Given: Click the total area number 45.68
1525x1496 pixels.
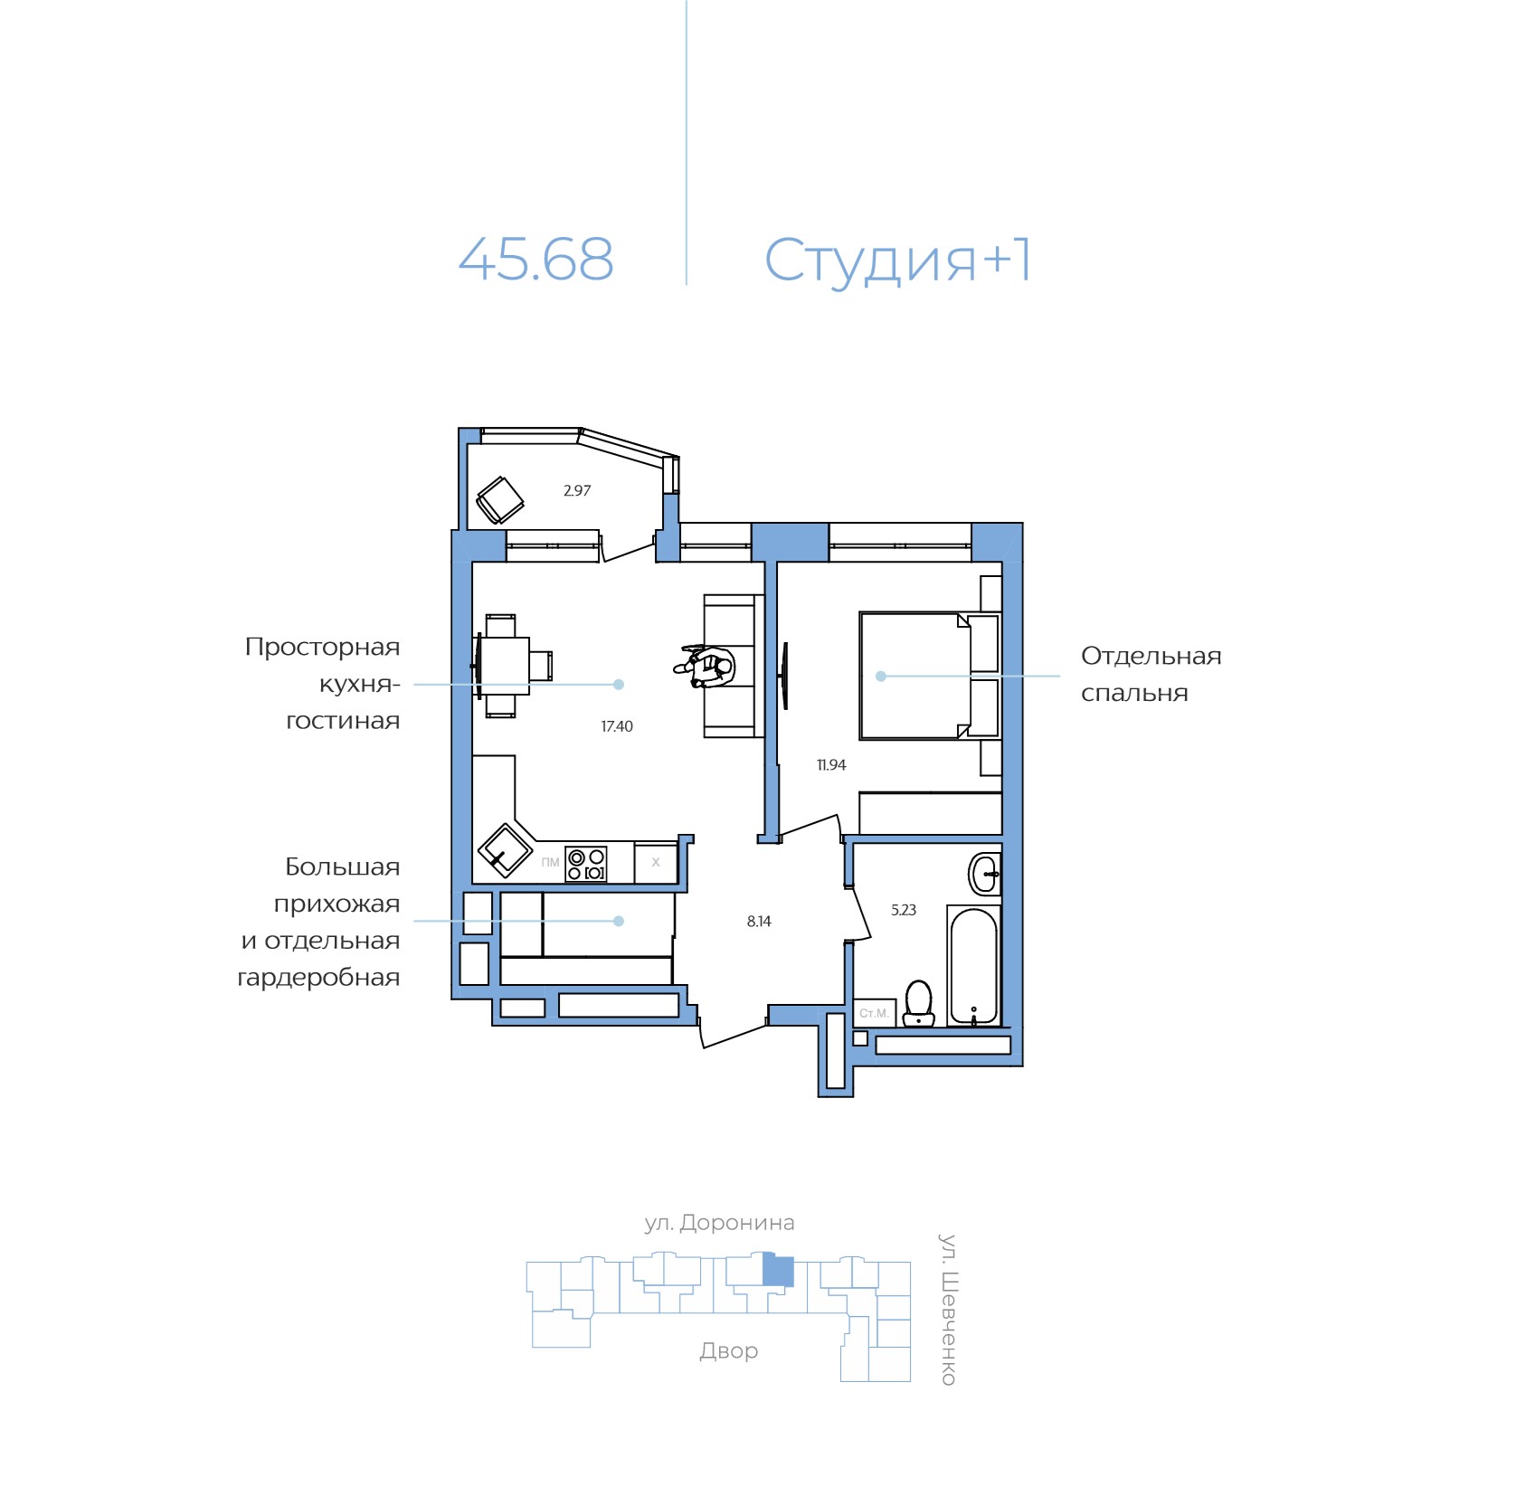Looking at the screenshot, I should coord(535,260).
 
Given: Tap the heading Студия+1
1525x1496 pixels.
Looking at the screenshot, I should coord(897,260).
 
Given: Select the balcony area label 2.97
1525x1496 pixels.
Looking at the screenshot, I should coord(576,491).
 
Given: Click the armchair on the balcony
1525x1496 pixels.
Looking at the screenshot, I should coord(499,499).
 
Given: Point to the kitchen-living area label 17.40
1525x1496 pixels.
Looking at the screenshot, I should coord(617,726).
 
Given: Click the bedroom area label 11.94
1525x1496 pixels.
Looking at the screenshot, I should coord(830,765).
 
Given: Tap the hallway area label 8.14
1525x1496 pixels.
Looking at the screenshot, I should coord(758,922).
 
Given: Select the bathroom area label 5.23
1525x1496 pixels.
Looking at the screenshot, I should coord(903,910).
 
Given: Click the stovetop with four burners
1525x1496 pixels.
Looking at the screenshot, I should coord(585,864).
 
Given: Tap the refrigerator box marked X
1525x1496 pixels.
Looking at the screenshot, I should coord(656,863).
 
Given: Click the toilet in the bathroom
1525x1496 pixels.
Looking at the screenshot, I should coord(918,1004).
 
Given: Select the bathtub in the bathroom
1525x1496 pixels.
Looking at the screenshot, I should coord(973,966).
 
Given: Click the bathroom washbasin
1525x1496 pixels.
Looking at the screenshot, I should coord(984,874).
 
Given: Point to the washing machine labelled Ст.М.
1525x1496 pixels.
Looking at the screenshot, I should coord(874,1013).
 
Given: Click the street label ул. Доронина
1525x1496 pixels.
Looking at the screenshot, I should coord(719,1223).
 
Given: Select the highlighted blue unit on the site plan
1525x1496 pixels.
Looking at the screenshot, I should coord(778,1271).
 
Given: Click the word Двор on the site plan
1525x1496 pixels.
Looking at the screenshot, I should coord(728,1350).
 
